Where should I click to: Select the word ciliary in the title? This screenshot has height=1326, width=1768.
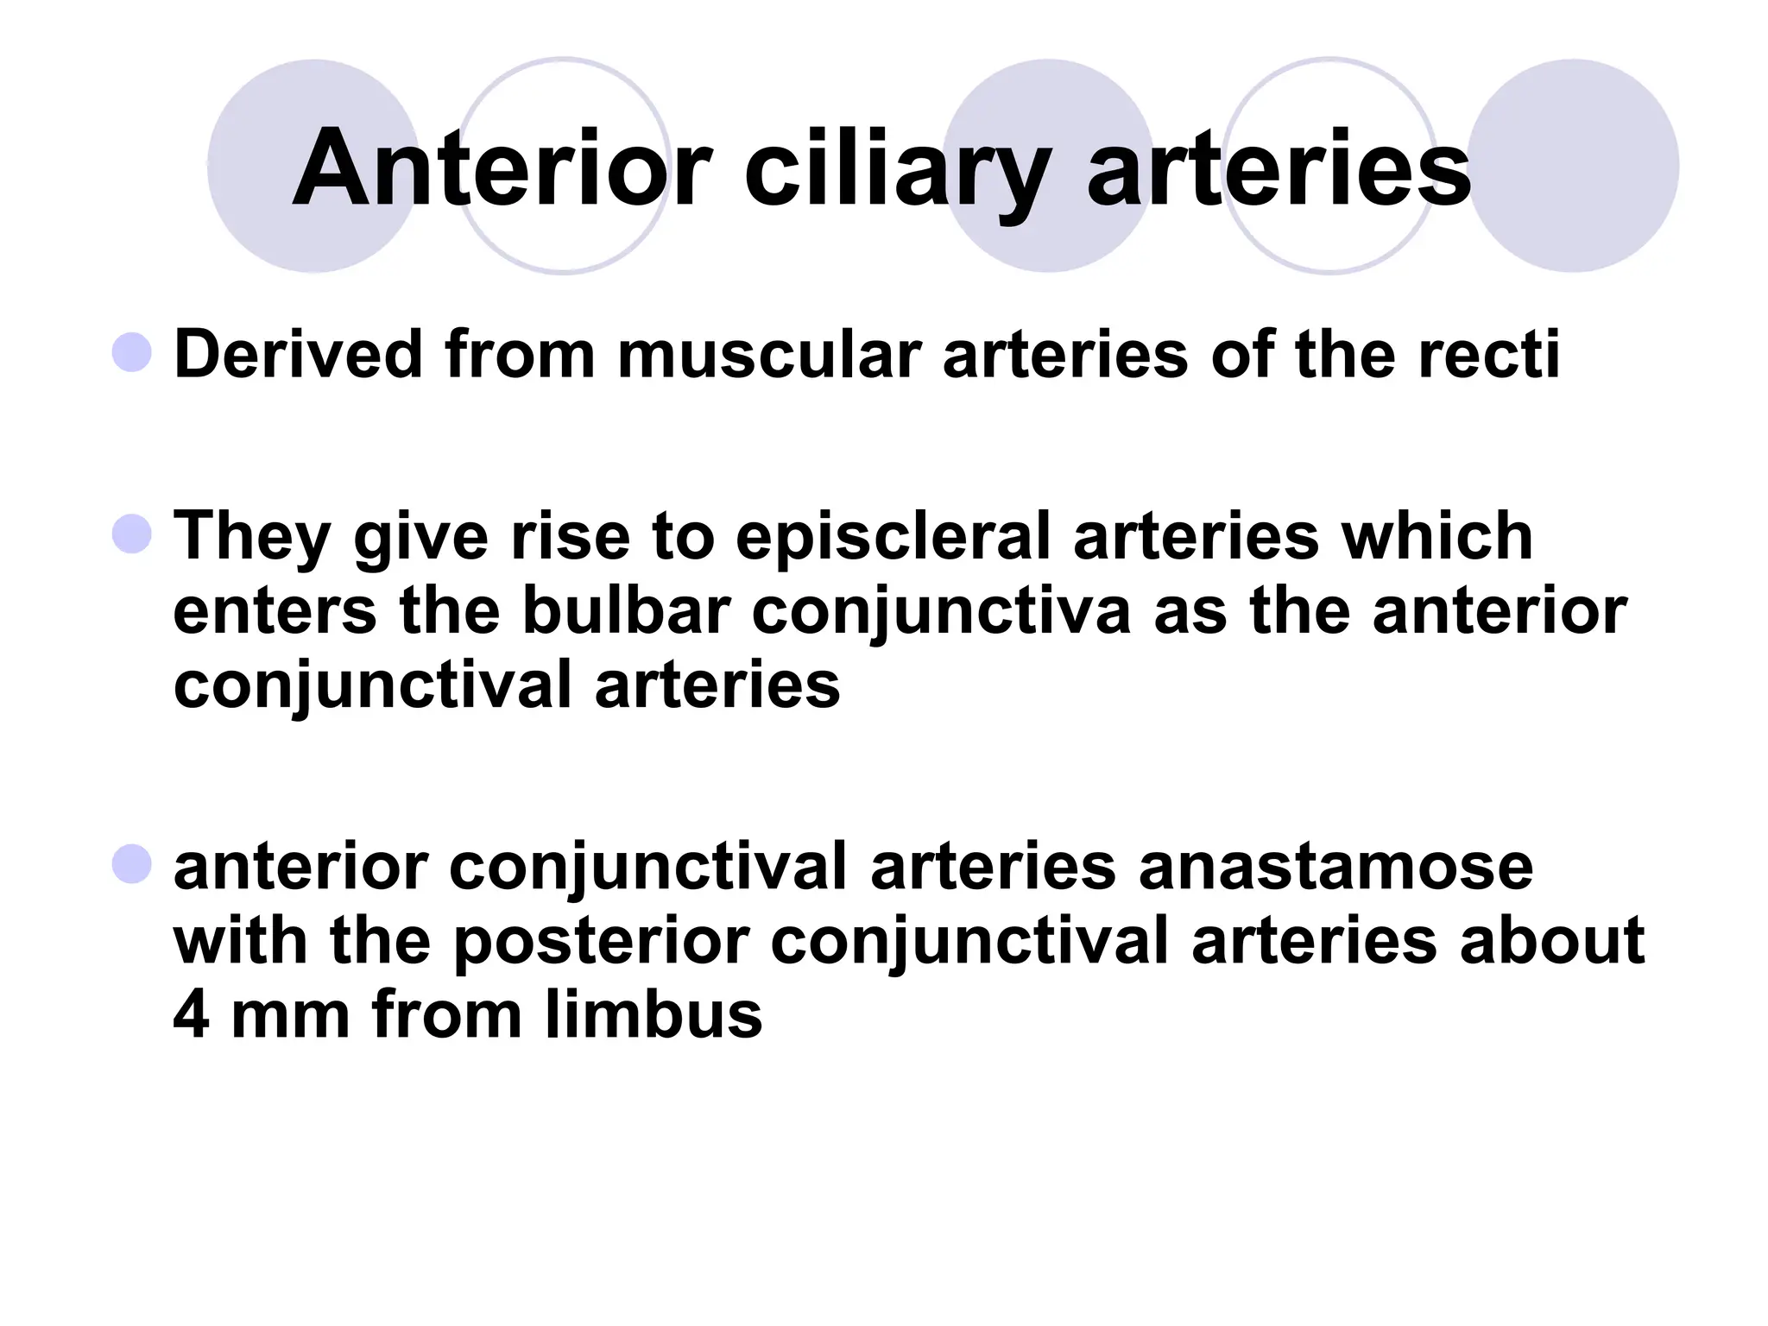click(898, 169)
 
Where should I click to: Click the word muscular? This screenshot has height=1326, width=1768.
click(769, 356)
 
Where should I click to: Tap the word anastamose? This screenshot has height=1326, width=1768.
click(1335, 867)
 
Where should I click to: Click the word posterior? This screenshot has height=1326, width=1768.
click(601, 943)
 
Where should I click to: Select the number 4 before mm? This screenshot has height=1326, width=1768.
click(191, 1014)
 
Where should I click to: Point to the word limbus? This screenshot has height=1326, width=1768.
click(654, 1014)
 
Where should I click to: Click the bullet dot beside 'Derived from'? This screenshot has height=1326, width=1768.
click(132, 352)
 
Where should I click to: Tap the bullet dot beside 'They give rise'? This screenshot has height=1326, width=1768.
click(132, 534)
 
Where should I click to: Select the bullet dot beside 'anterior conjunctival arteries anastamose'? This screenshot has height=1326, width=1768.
click(132, 864)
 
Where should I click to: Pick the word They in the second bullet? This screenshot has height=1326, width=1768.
click(253, 537)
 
